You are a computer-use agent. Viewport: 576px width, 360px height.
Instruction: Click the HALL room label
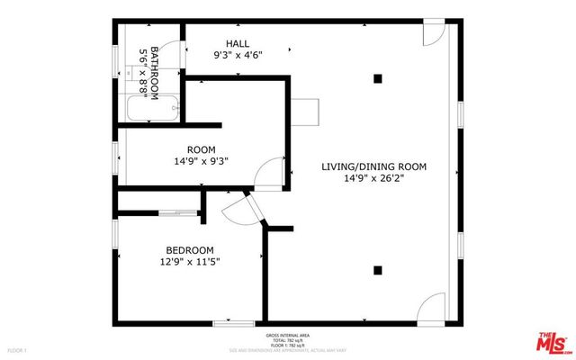tap(238, 43)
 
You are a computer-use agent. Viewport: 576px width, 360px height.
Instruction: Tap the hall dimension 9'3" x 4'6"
tap(238, 56)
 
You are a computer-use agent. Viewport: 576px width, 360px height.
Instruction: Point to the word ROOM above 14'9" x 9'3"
tap(201, 149)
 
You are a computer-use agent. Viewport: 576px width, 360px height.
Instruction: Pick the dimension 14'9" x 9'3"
tap(201, 162)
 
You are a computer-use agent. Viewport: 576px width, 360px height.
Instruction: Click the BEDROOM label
tap(189, 250)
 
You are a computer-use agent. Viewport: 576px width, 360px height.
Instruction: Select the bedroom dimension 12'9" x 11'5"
tap(189, 263)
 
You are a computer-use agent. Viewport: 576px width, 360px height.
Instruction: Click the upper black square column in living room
tap(378, 79)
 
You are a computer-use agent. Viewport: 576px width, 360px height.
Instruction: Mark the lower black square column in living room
tap(378, 269)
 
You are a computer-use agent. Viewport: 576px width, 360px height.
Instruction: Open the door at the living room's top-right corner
tap(435, 35)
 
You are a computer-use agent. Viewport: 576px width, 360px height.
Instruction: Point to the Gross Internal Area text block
tap(287, 339)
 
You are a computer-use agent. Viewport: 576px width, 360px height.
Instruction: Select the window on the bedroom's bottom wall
tap(234, 322)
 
